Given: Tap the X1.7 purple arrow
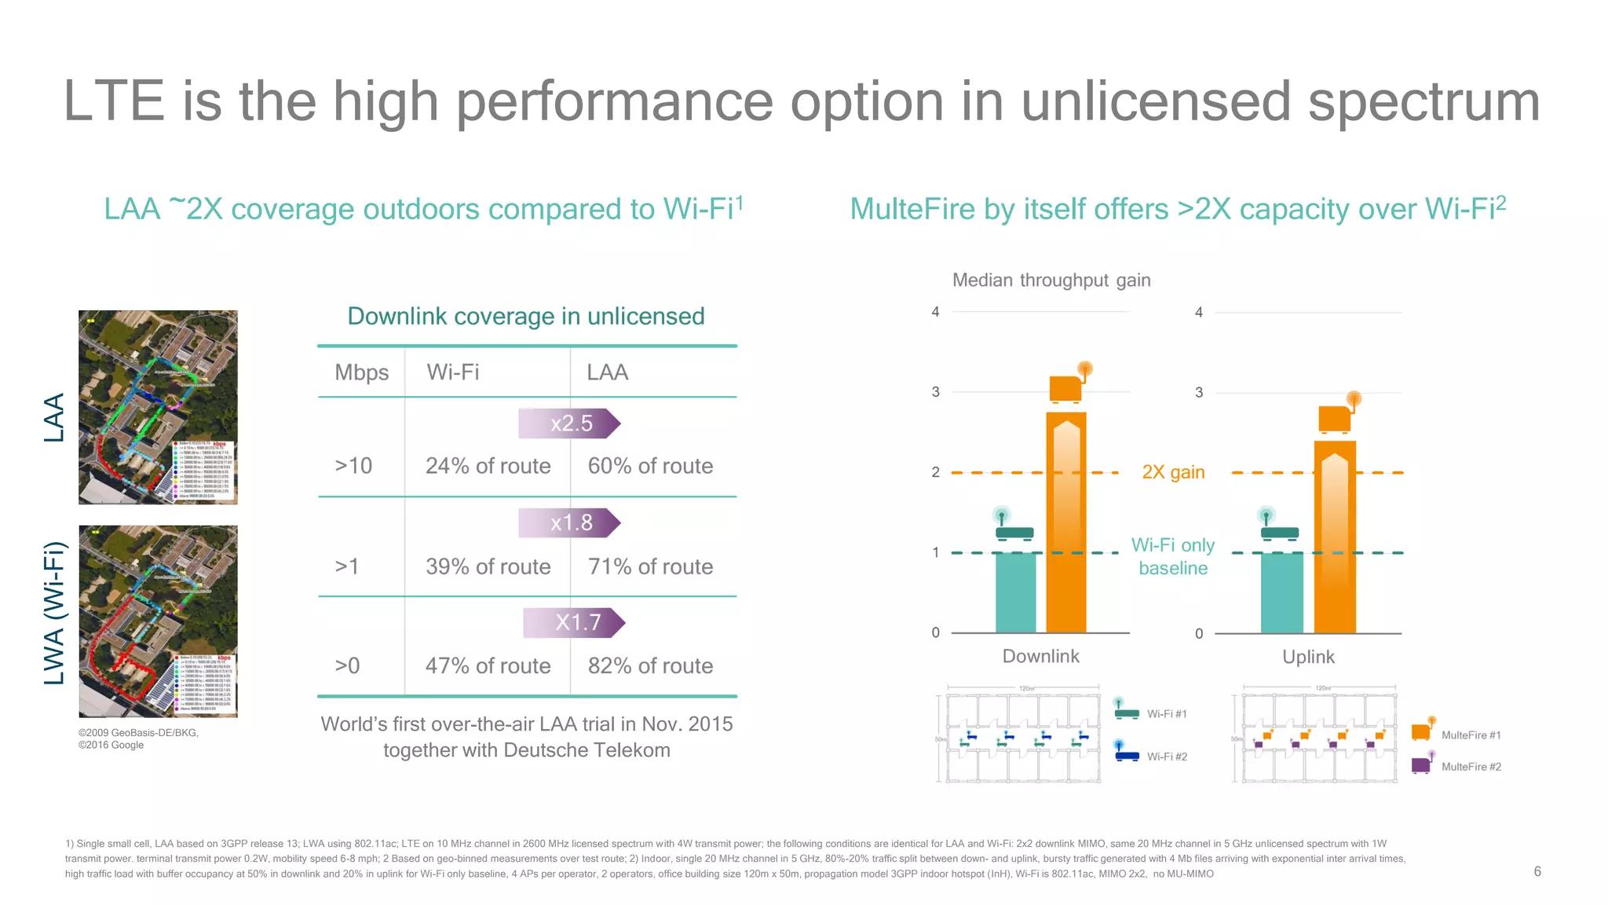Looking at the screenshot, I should pyautogui.click(x=575, y=623).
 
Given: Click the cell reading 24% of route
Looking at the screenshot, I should pyautogui.click(x=488, y=466).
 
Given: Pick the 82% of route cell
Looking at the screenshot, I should pyautogui.click(x=650, y=665).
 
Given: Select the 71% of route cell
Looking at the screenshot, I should pyautogui.click(x=650, y=566).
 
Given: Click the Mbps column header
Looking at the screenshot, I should pyautogui.click(x=361, y=372).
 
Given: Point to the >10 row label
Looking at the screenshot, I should pyautogui.click(x=353, y=466).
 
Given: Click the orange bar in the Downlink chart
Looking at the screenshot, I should pyautogui.click(x=1066, y=522).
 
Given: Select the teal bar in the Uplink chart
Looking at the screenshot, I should pyautogui.click(x=1281, y=593).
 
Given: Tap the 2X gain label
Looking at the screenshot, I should pyautogui.click(x=1173, y=472).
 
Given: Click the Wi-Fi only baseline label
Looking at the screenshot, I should pyautogui.click(x=1173, y=556).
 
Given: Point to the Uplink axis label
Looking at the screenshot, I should pyautogui.click(x=1308, y=657).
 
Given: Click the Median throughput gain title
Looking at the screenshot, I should pyautogui.click(x=1051, y=280).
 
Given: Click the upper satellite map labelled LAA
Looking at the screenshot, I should pyautogui.click(x=158, y=407).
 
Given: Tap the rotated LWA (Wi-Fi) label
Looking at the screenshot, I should pyautogui.click(x=54, y=614).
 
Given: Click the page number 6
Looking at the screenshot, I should pyautogui.click(x=1537, y=871).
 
